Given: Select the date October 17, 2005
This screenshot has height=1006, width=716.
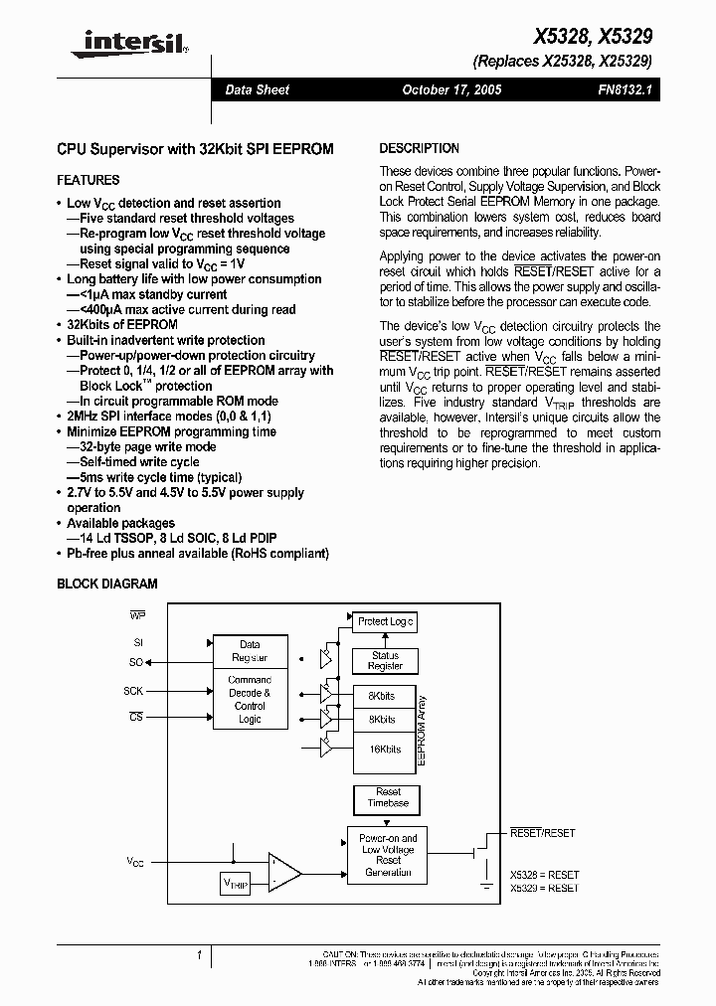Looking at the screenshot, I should (451, 90).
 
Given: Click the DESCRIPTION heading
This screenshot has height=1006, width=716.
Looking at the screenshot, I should (420, 149).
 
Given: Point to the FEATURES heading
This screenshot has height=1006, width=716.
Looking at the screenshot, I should (89, 181).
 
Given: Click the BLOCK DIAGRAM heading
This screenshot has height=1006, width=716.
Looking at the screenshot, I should (107, 585).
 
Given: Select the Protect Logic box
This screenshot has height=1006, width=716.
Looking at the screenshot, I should (385, 621).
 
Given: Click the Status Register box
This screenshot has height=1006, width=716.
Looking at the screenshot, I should (385, 661).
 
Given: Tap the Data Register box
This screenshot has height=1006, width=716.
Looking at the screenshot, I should (250, 651).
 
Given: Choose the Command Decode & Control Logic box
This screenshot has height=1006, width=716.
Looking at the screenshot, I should (250, 700).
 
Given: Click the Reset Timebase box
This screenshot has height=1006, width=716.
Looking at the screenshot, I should (388, 797).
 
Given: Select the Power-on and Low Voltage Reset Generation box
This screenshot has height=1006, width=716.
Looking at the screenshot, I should (388, 855).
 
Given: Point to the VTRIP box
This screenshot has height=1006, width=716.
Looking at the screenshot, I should (237, 883).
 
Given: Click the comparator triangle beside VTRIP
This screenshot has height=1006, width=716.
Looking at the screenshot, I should (285, 872).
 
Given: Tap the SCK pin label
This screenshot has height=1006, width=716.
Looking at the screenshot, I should (133, 690).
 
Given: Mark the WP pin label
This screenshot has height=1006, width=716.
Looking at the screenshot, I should (137, 615).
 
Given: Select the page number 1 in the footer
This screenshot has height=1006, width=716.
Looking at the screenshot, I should (200, 955).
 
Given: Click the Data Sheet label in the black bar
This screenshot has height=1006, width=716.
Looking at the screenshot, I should (257, 90).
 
